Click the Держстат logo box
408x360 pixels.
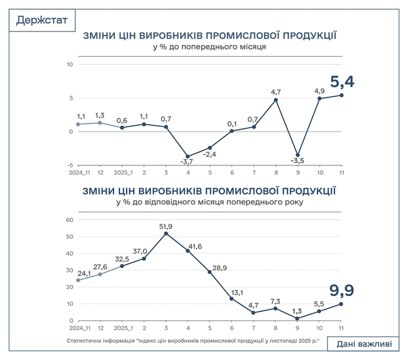pos(42,21)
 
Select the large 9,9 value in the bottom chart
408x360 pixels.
pos(342,290)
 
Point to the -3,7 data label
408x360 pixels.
pos(188,169)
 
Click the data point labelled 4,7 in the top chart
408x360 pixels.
pos(276,100)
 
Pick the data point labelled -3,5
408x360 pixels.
pos(298,155)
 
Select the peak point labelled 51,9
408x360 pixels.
pos(166,234)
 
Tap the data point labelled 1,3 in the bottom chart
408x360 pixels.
pos(298,319)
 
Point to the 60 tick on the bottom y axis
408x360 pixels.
pos(68,220)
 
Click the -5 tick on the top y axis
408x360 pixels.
pos(70,165)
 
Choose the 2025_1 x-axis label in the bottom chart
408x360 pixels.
pos(122,329)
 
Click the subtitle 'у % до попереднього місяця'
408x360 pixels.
pos(209,47)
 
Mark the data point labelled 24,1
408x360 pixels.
pos(78,280)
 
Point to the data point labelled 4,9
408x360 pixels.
pos(319,98)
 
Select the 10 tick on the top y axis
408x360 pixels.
pos(69,64)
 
